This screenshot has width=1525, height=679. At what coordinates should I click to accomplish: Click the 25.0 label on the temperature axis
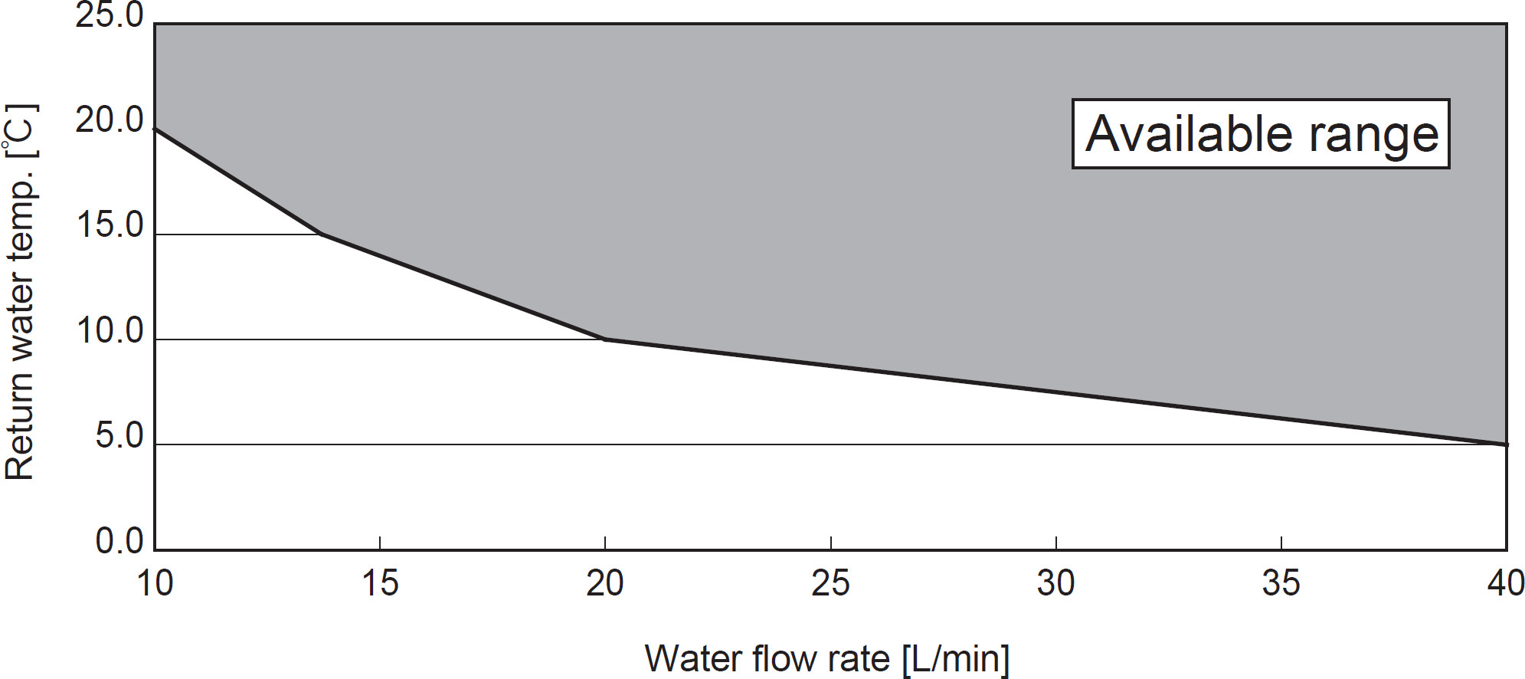click(109, 15)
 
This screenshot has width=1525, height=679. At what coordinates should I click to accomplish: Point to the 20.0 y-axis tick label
click(109, 120)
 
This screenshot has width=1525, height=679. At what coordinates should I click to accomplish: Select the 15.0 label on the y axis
click(109, 225)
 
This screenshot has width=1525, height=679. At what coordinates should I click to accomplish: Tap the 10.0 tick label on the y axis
click(109, 331)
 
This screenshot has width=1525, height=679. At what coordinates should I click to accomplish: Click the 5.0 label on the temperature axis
click(119, 436)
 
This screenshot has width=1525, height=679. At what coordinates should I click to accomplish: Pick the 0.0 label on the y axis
click(119, 541)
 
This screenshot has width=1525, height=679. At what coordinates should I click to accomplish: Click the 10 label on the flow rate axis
click(155, 583)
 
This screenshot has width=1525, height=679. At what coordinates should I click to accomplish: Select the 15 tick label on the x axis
click(380, 583)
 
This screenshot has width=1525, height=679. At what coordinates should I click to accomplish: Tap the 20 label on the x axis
click(605, 583)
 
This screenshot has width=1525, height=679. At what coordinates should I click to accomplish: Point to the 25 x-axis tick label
click(830, 583)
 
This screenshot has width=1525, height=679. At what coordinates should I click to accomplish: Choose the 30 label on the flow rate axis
click(1055, 583)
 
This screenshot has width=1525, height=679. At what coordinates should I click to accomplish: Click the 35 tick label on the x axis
click(1281, 583)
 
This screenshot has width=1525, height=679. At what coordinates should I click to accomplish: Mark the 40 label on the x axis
click(1505, 583)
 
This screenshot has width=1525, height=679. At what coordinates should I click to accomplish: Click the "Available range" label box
click(1261, 134)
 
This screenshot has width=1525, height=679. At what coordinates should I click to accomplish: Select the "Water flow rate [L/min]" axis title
click(827, 658)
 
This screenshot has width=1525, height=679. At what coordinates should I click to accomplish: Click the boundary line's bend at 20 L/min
click(605, 339)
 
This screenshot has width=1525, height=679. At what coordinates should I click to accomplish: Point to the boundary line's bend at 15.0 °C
click(320, 234)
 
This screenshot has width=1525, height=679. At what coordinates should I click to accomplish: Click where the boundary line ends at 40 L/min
click(1506, 444)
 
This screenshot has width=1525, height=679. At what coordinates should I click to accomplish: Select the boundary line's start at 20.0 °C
click(155, 129)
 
